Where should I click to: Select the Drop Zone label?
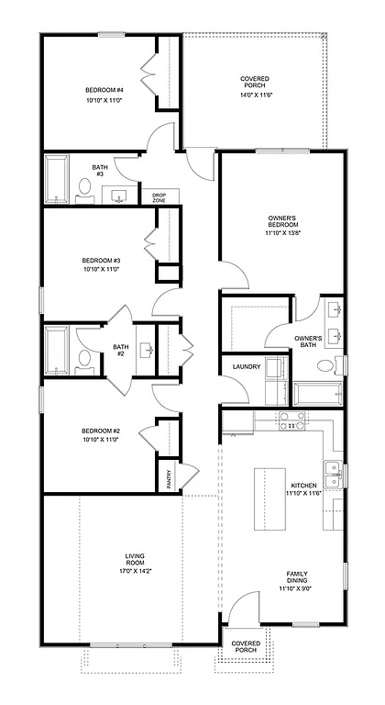point(159,197)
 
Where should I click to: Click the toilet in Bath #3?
point(84,190)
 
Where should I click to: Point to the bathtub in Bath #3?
point(58,180)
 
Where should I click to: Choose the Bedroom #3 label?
point(101,260)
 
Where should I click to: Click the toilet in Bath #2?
point(84,358)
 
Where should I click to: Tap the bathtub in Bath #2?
point(58,350)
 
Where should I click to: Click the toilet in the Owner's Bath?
point(325,366)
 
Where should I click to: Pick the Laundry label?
point(247,367)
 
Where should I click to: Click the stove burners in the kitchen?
point(291,421)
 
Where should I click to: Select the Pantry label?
point(169,477)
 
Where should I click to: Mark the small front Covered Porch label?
point(245,647)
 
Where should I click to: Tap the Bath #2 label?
point(119,351)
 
